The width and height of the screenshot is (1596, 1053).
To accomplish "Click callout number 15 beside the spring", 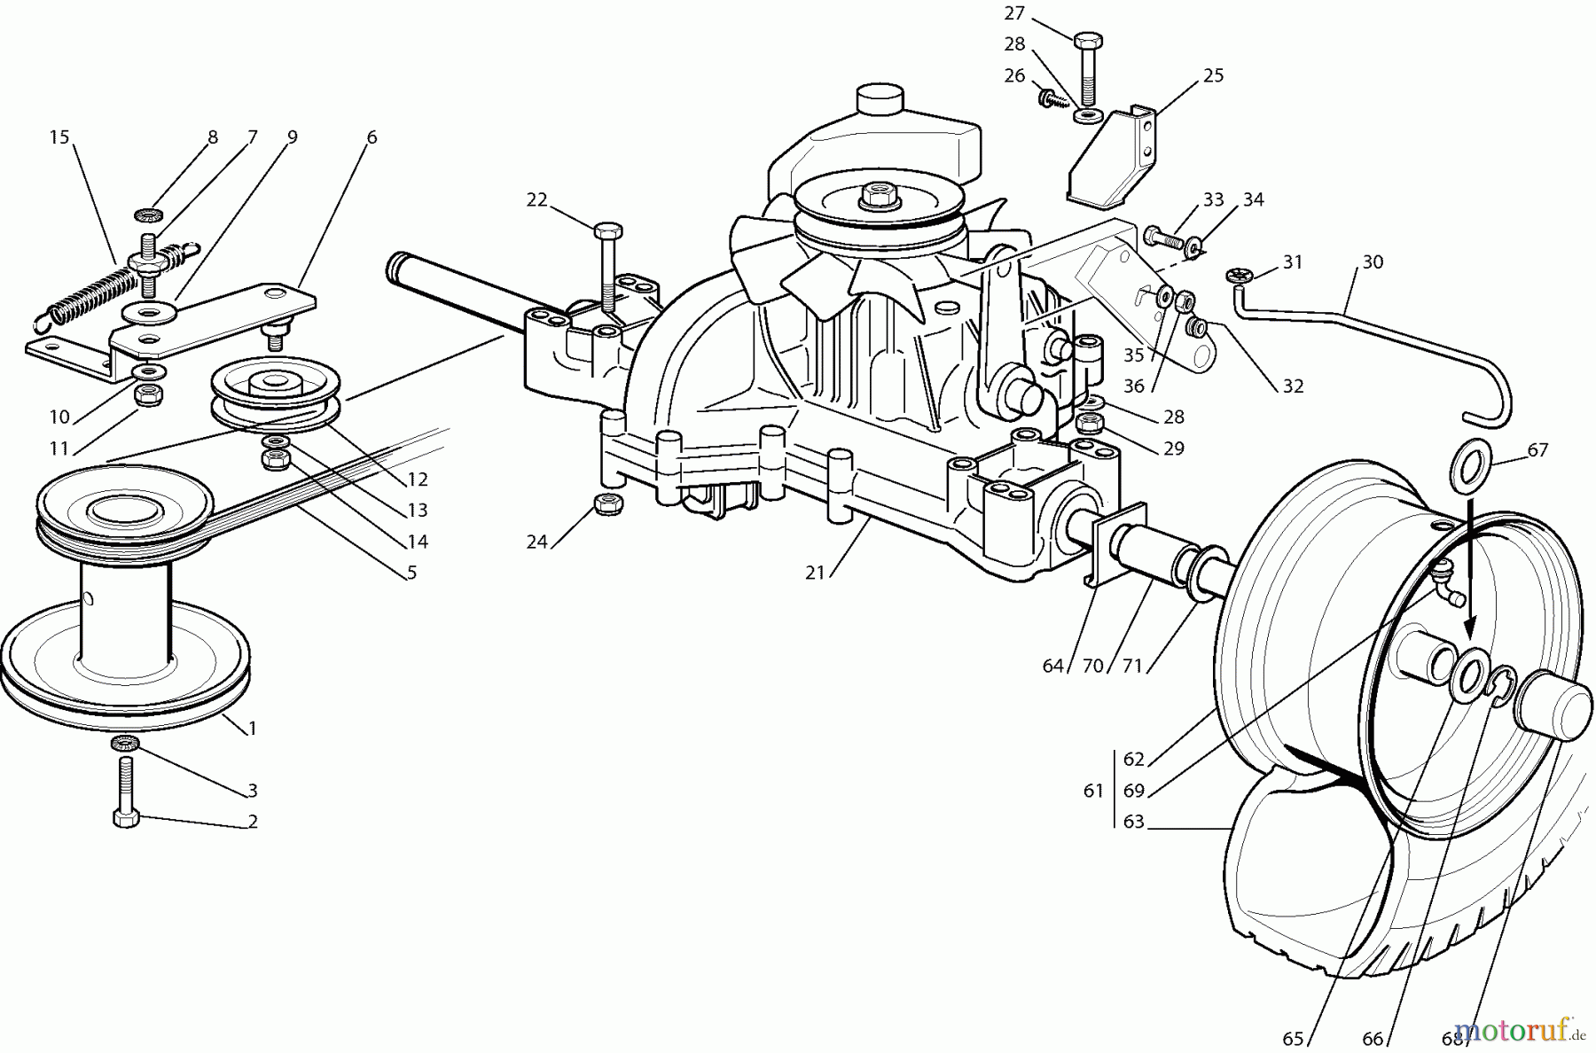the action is click(59, 137).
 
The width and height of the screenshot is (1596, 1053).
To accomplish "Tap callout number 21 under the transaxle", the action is click(815, 573).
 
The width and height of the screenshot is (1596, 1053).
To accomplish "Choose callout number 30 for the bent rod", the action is click(1373, 262).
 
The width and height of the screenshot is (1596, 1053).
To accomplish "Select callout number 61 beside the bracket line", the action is click(1093, 790).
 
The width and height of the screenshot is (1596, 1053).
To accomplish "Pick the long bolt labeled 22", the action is click(607, 267).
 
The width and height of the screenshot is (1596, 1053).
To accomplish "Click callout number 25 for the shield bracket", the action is click(1213, 76).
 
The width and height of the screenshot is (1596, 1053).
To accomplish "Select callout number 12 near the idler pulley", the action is click(417, 480).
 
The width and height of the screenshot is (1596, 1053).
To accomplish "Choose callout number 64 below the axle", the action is click(1052, 666).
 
